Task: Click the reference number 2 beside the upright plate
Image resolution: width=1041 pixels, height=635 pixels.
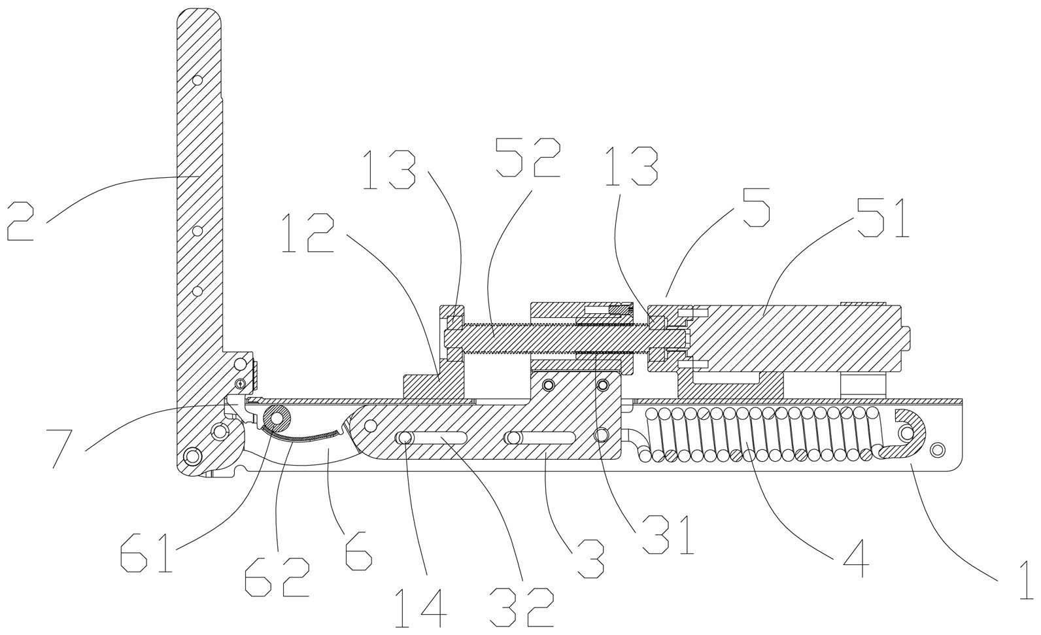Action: point(21,221)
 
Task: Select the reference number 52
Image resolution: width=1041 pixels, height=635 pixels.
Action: point(528,158)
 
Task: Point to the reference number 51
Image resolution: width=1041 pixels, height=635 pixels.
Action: point(883,218)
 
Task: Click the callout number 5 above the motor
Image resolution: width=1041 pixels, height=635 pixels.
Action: point(752,207)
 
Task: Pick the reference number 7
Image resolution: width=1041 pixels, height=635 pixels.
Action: point(62,449)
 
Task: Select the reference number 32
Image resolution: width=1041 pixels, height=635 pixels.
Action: point(521,608)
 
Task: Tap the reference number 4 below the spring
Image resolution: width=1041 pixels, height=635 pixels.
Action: point(855,558)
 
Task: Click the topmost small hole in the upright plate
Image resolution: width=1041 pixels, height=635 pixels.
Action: point(197,80)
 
